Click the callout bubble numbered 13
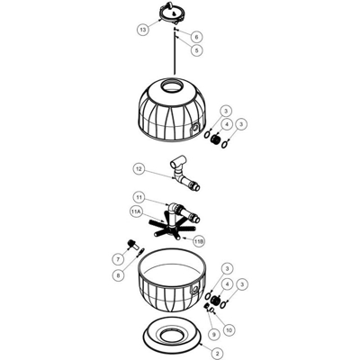[x=143, y=30]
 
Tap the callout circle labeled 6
[x=197, y=37]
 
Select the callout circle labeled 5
[x=197, y=50]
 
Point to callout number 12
[x=139, y=169]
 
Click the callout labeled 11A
[x=136, y=212]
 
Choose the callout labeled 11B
[x=198, y=241]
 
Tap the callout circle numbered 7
[x=118, y=259]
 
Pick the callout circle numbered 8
[x=118, y=275]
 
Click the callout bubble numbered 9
[x=213, y=335]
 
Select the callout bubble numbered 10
[x=229, y=330]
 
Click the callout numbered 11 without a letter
[x=139, y=198]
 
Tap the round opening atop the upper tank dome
[x=172, y=85]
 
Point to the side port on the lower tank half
[x=194, y=289]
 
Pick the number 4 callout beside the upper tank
[x=227, y=124]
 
